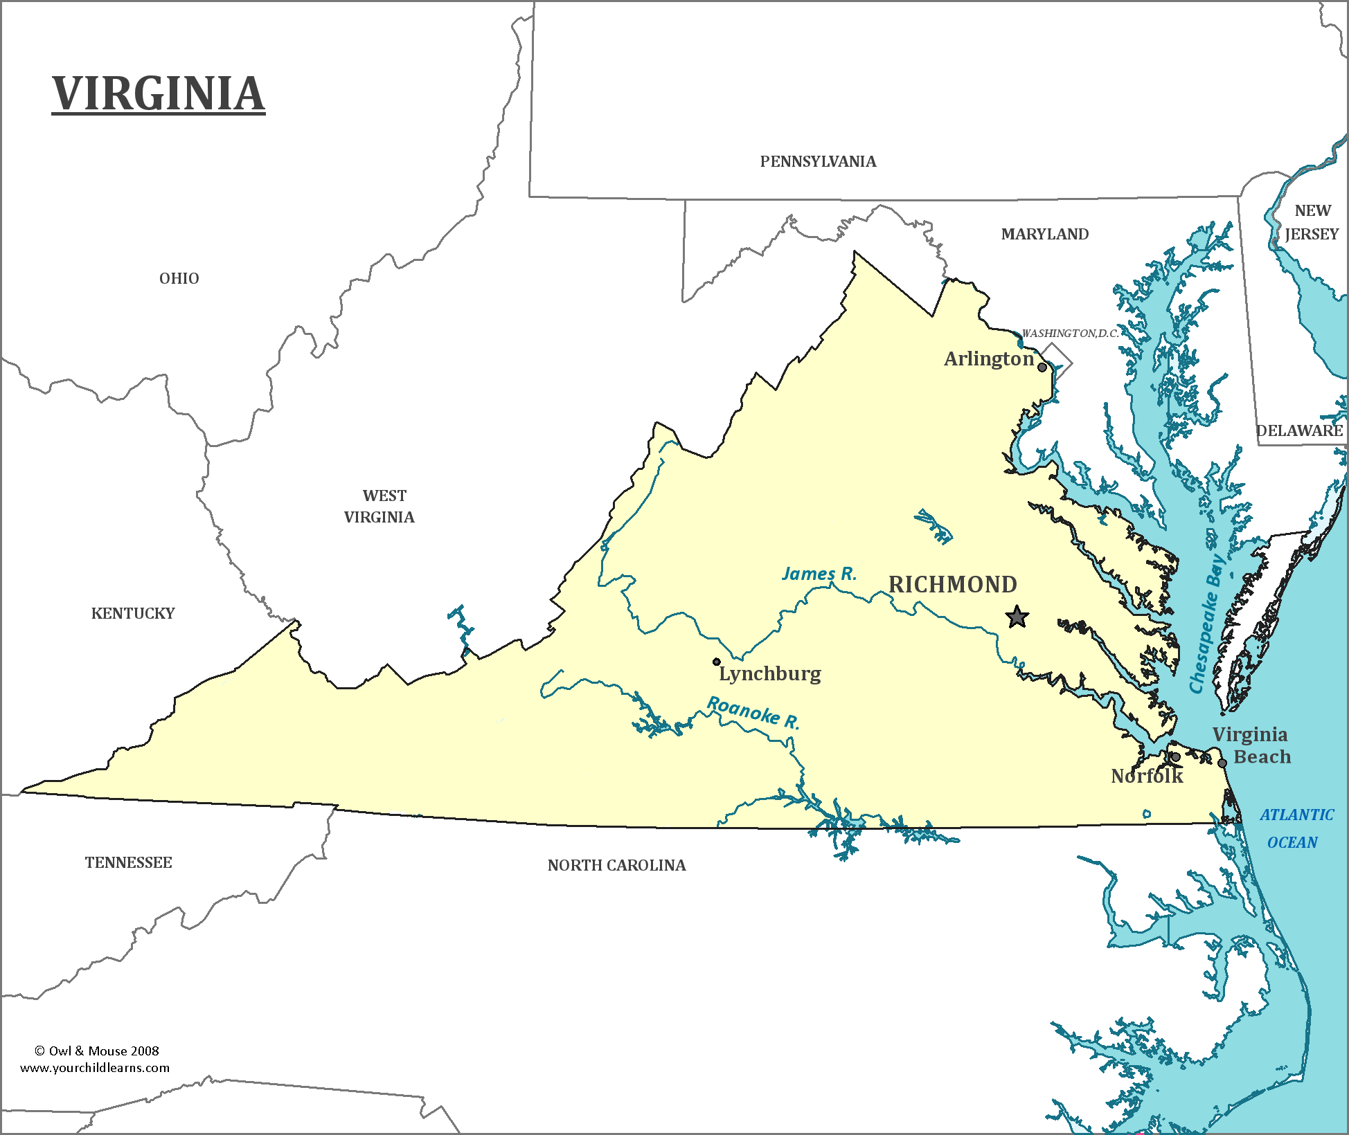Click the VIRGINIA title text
(x=159, y=93)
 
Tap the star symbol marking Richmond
(x=1017, y=616)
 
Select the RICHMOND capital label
(x=953, y=585)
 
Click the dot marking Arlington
(x=1042, y=367)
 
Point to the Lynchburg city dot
(x=717, y=662)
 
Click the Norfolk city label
(x=1147, y=777)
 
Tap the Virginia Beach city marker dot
(x=1222, y=763)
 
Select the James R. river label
(x=819, y=574)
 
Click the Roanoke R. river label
(x=753, y=713)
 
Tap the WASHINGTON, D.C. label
(x=1070, y=334)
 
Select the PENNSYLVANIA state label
(x=818, y=162)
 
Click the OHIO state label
(x=179, y=278)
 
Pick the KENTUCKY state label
(x=133, y=613)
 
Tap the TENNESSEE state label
(x=129, y=862)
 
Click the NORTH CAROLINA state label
(x=616, y=865)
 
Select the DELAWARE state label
(x=1300, y=430)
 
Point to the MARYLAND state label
(x=1044, y=235)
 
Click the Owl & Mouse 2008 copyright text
(x=97, y=1051)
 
